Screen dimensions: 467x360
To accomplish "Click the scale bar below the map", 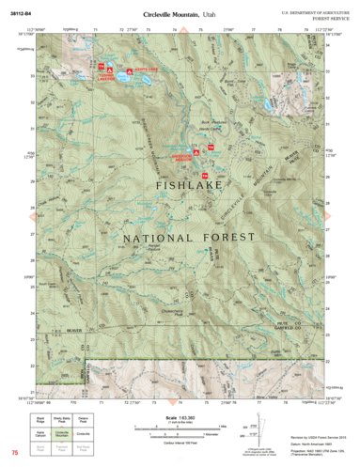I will pyautogui.click(x=179, y=427).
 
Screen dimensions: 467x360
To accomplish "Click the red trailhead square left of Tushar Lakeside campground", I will pyautogui.click(x=101, y=68).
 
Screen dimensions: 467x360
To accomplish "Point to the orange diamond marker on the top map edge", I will pyautogui.click(x=183, y=34).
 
